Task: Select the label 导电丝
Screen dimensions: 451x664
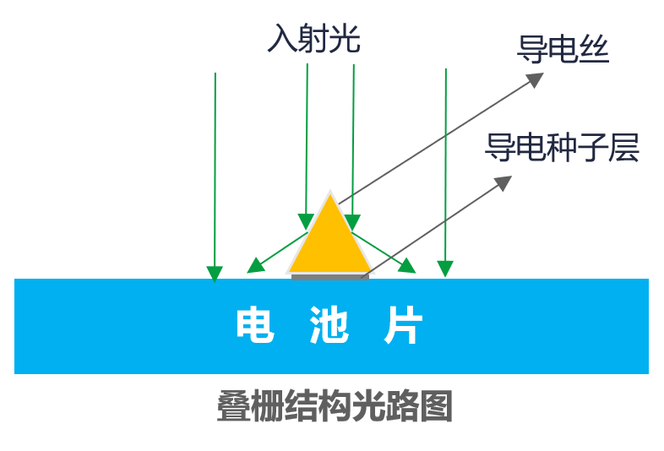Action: [x=563, y=52]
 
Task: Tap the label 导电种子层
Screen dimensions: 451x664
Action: [x=562, y=148]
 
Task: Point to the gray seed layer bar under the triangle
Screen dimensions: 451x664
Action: [x=329, y=275]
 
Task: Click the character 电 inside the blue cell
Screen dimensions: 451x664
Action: [x=254, y=324]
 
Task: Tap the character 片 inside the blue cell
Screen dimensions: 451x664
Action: [x=403, y=324]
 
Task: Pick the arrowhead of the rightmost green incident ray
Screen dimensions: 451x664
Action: [x=445, y=269]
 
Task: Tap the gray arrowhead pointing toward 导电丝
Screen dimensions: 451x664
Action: [x=536, y=78]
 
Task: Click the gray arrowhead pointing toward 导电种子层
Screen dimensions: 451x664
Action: [x=504, y=182]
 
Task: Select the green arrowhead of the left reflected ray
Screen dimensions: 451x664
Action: [x=254, y=267]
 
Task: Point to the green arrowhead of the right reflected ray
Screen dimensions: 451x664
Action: [x=407, y=267]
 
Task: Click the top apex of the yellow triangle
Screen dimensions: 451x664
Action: [x=329, y=193]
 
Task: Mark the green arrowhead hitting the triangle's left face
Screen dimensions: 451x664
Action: [x=307, y=221]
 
